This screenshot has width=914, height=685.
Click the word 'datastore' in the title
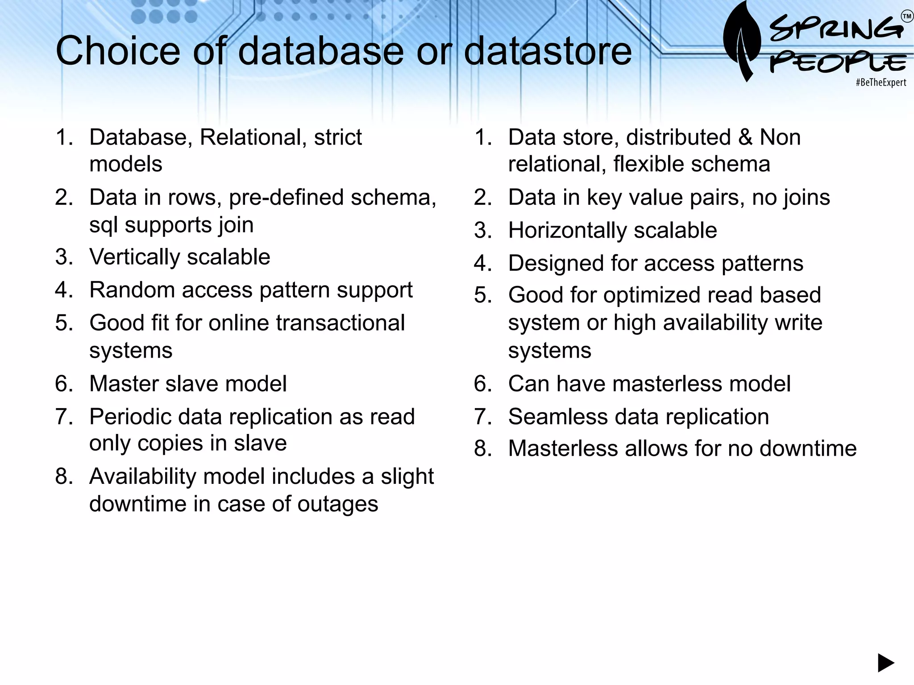pyautogui.click(x=548, y=51)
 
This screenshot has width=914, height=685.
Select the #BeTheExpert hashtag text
pyautogui.click(x=881, y=83)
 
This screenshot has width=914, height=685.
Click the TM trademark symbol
pyautogui.click(x=907, y=17)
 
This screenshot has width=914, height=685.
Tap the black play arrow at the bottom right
pyautogui.click(x=885, y=663)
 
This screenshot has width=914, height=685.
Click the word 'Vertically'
pyautogui.click(x=134, y=257)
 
